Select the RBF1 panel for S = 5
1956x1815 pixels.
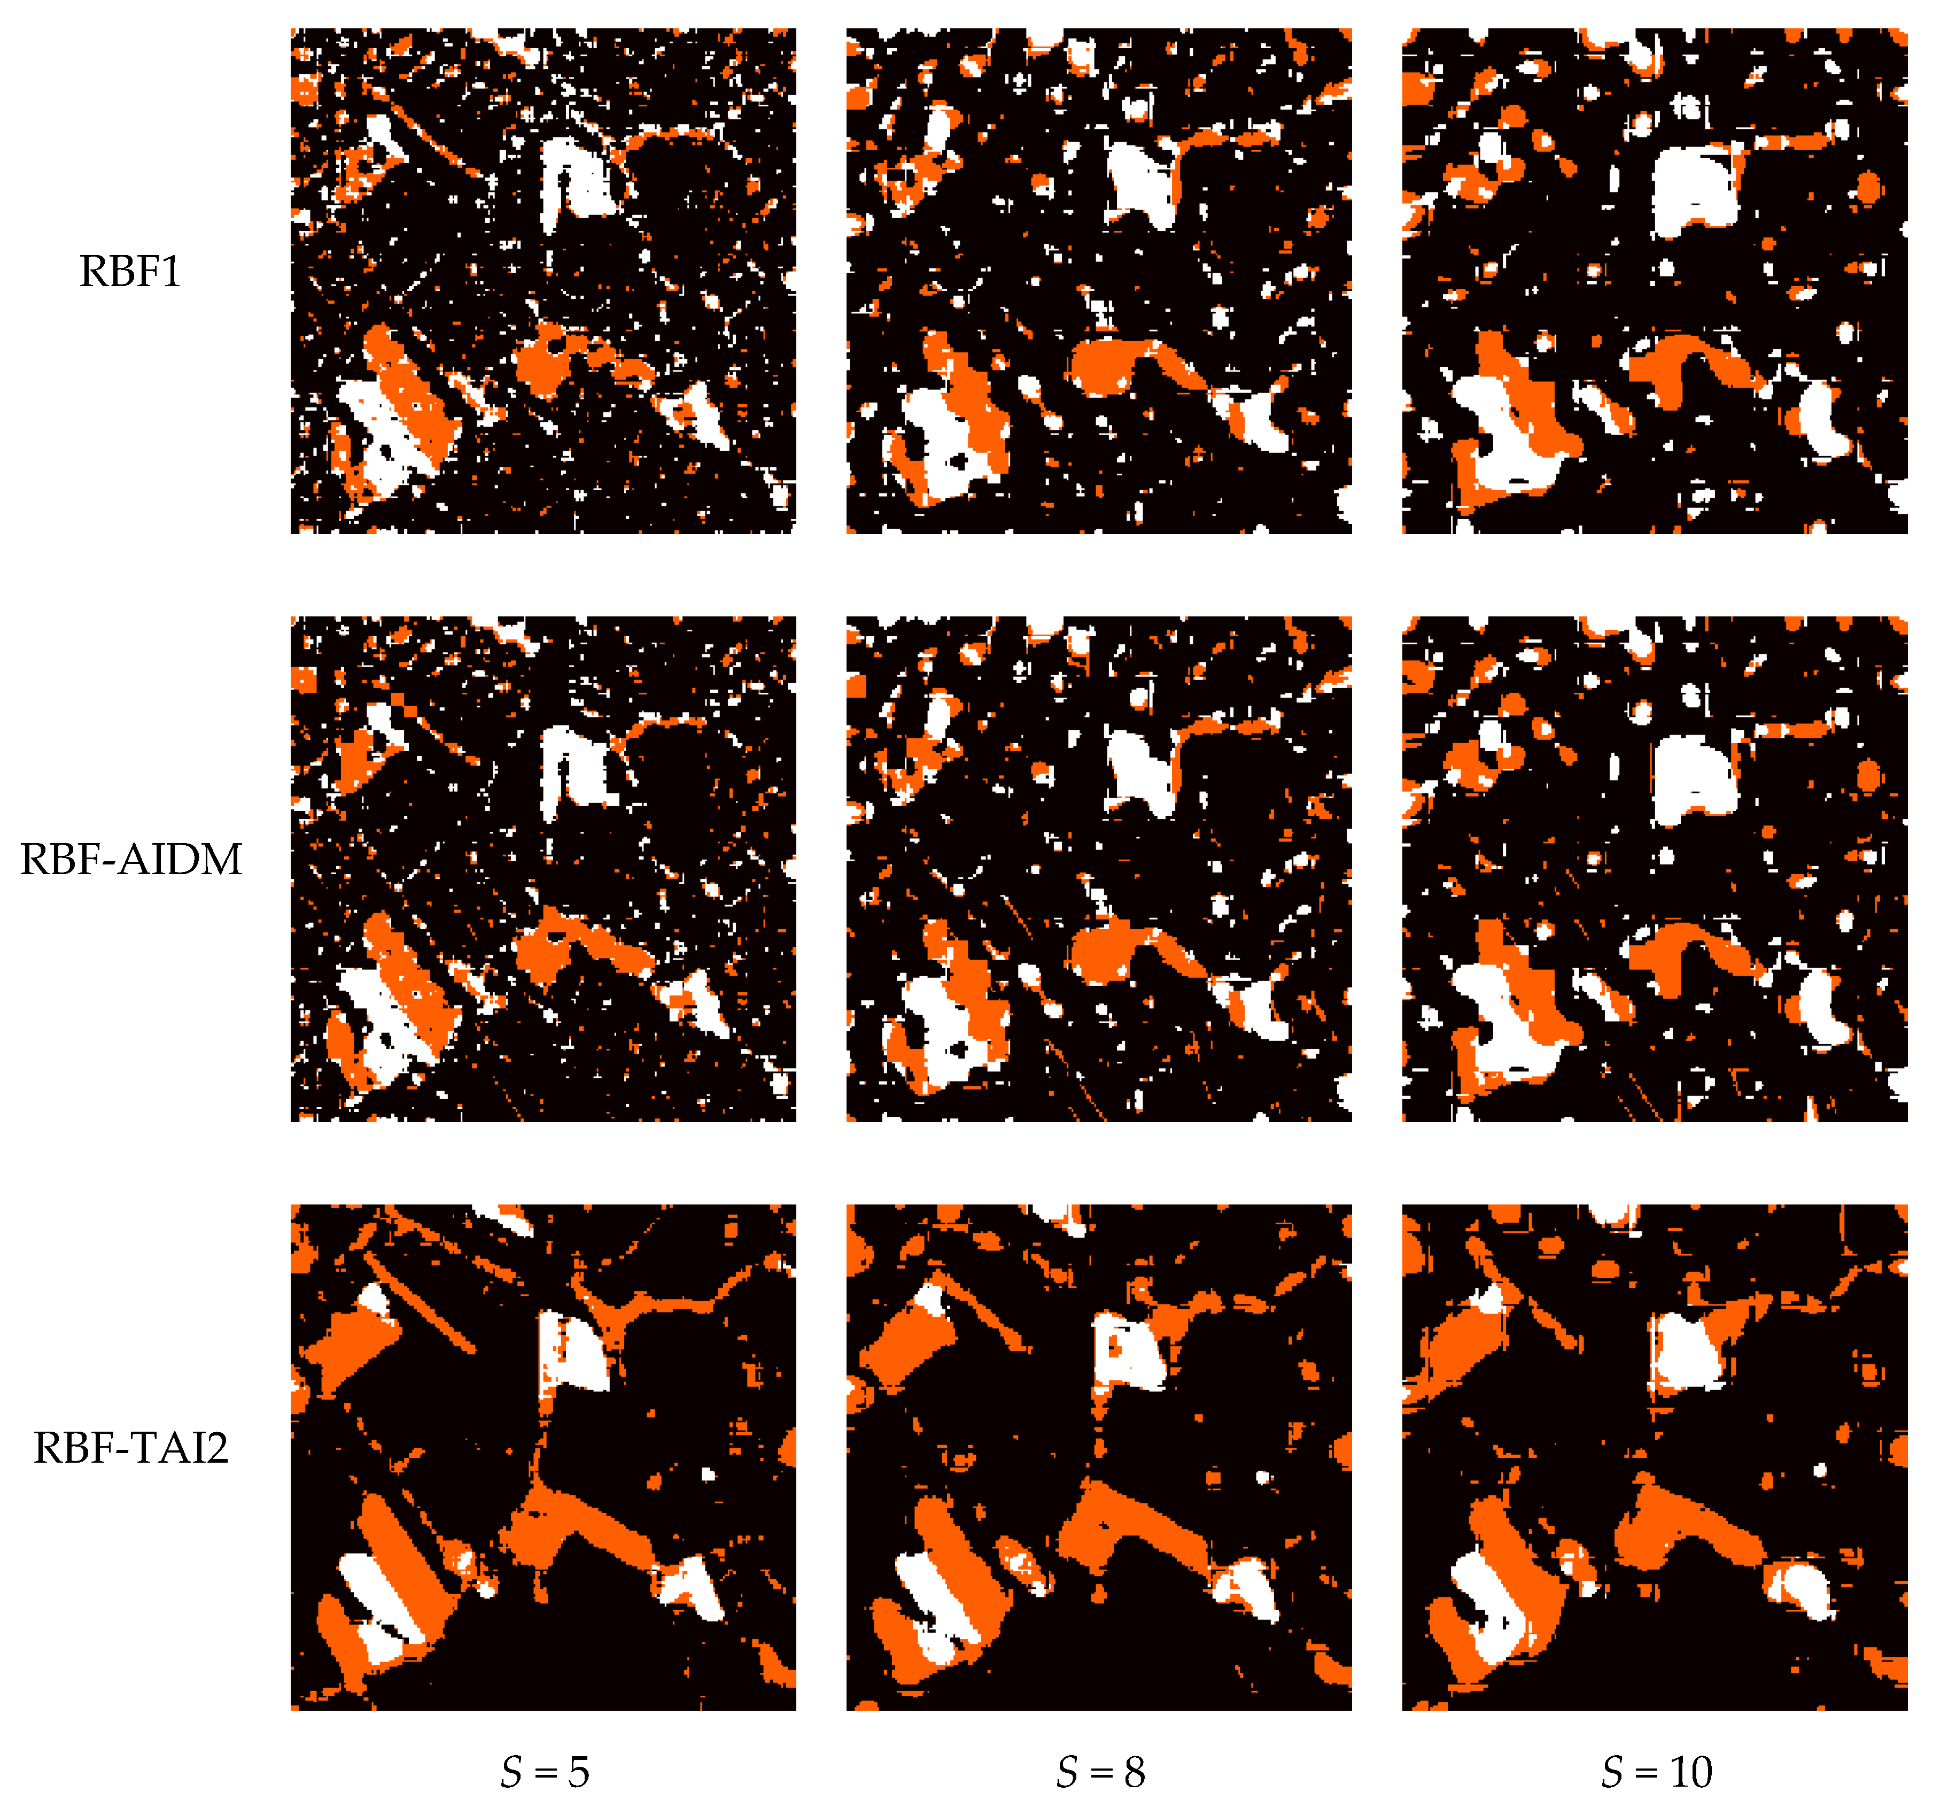point(543,281)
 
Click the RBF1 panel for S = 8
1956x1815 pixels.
point(1099,281)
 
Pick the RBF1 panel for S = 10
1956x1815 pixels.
point(1655,281)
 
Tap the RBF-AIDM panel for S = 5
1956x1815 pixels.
point(543,869)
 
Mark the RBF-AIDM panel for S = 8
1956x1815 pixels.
point(1099,869)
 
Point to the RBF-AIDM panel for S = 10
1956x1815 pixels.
point(1655,869)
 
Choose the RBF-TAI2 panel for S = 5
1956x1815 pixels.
point(543,1457)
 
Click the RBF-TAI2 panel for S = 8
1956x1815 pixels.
point(1099,1457)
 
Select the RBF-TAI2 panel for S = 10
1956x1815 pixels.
point(1655,1457)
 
